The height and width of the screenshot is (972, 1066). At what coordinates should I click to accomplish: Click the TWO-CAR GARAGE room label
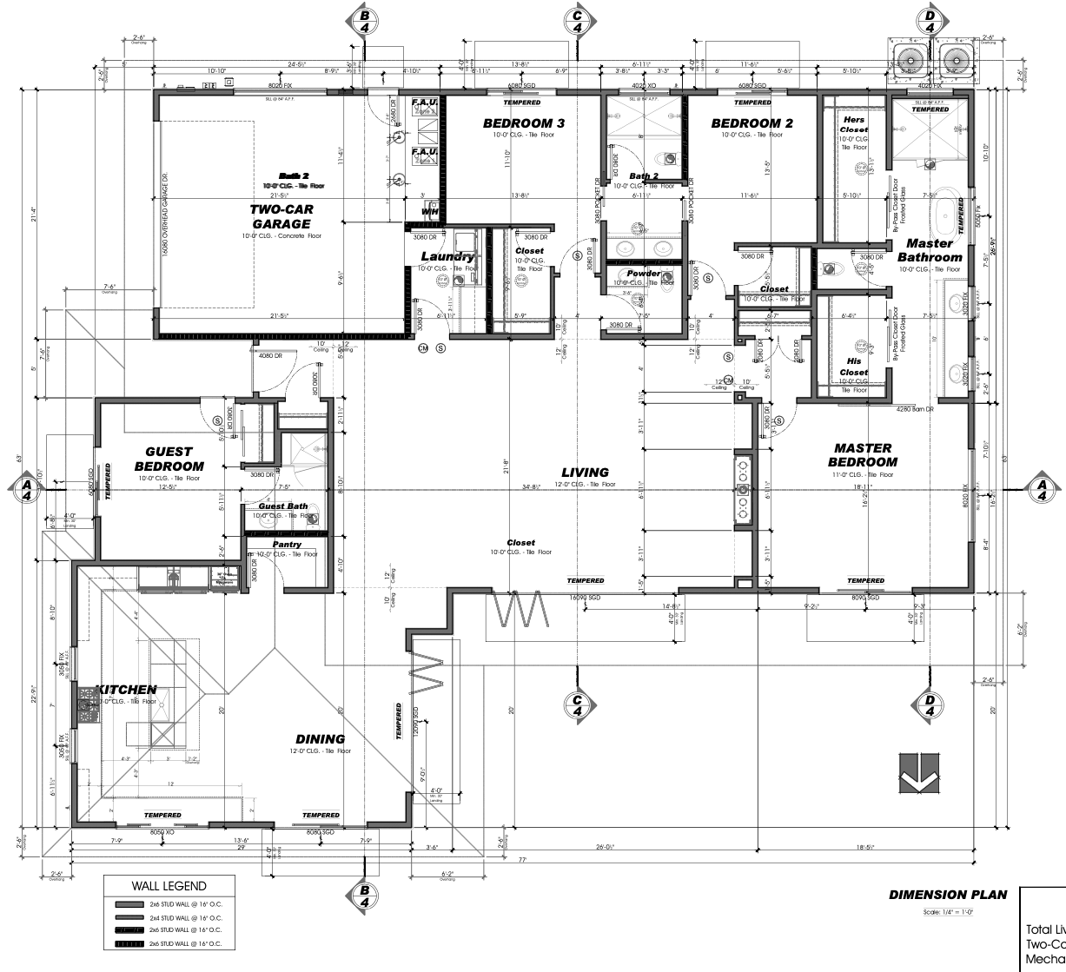tap(281, 216)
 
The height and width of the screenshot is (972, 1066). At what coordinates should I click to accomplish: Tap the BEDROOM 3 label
tap(523, 124)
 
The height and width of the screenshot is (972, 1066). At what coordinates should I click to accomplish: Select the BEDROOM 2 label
tap(751, 124)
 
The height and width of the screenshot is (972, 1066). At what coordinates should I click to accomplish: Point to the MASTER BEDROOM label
tap(864, 454)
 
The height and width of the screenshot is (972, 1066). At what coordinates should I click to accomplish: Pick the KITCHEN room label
tap(126, 689)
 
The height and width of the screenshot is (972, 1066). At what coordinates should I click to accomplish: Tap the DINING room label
tap(320, 739)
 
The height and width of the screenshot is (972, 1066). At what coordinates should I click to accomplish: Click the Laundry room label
tap(447, 257)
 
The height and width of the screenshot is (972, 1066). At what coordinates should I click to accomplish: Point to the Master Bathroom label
tap(929, 250)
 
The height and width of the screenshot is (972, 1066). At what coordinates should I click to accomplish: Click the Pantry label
tap(287, 545)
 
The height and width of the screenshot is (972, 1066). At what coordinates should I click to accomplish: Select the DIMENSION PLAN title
tap(944, 895)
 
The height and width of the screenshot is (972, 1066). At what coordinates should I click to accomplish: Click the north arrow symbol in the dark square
tap(917, 777)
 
